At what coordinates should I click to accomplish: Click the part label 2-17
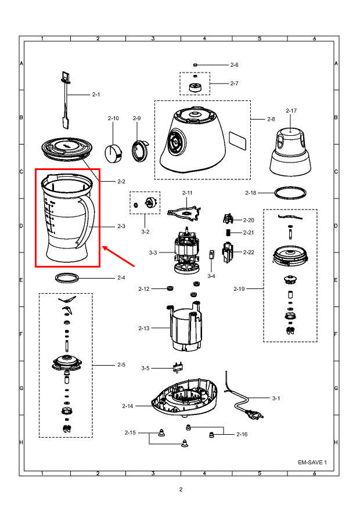(291, 110)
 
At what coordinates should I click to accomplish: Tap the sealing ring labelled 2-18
(290, 192)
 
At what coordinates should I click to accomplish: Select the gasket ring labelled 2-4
(67, 277)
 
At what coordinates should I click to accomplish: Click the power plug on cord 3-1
(253, 414)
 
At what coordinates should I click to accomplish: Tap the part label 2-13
(144, 328)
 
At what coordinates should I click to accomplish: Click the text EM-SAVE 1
(312, 463)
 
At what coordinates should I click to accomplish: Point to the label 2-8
(271, 119)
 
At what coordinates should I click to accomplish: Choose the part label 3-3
(153, 252)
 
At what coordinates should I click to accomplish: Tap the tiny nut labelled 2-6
(196, 64)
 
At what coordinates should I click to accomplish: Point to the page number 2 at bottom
(181, 489)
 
